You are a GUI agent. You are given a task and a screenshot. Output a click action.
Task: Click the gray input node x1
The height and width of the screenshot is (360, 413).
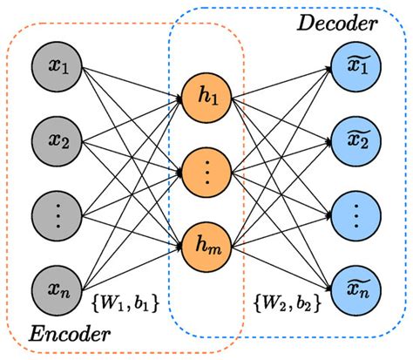pos(58,66)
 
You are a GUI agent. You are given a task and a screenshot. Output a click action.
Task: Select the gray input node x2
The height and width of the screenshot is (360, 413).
pos(58,139)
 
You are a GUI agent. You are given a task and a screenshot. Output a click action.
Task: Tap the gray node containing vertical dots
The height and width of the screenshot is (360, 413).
pos(58,212)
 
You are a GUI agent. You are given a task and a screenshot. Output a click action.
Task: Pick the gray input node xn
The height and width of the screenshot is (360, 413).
pos(58,285)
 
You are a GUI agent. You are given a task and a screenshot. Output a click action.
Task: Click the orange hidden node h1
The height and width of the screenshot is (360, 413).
pos(206,102)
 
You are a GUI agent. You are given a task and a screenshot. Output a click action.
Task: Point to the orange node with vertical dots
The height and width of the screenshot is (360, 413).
pos(206,175)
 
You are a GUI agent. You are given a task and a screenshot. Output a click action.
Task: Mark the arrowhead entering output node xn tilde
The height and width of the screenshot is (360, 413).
pos(329,283)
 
